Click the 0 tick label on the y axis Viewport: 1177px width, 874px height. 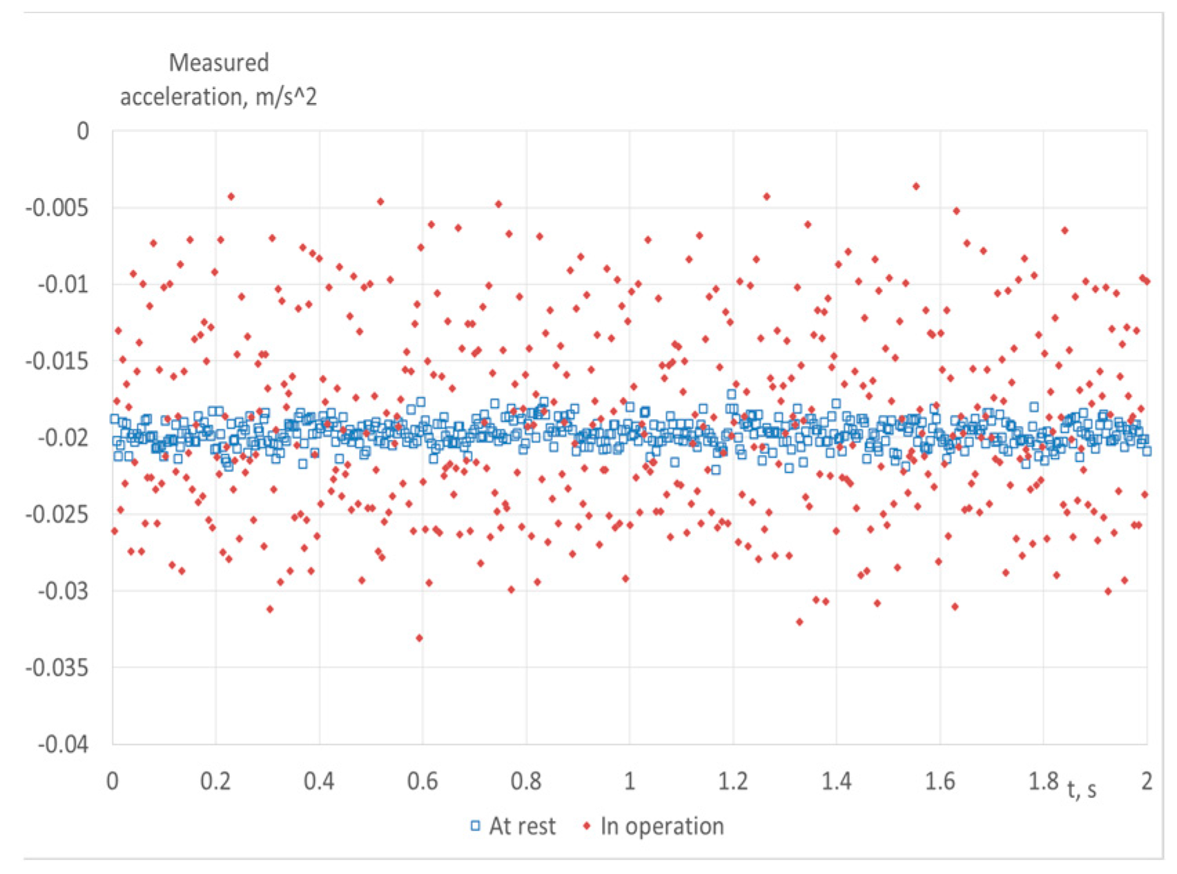pyautogui.click(x=83, y=130)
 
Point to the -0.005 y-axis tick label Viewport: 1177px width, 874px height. pyautogui.click(x=58, y=207)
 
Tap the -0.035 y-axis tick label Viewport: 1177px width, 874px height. pyautogui.click(x=58, y=668)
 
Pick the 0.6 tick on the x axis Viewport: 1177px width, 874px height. pyautogui.click(x=422, y=781)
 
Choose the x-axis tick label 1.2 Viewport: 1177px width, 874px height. pyautogui.click(x=733, y=781)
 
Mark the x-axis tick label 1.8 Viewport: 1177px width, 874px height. pyautogui.click(x=1043, y=781)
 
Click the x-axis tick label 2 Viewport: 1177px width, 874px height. pyautogui.click(x=1147, y=781)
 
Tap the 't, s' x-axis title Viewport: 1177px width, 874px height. pyautogui.click(x=1082, y=788)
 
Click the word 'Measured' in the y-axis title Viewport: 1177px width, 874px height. pyautogui.click(x=219, y=63)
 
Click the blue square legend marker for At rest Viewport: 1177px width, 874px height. pyautogui.click(x=475, y=826)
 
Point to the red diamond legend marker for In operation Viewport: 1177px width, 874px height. pyautogui.click(x=586, y=826)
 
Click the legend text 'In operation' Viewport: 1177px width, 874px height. pyautogui.click(x=662, y=826)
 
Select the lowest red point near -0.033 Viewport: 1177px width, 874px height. pyautogui.click(x=419, y=638)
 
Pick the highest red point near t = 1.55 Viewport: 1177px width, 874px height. pyautogui.click(x=916, y=186)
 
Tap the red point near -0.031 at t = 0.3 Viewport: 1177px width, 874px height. pyautogui.click(x=270, y=609)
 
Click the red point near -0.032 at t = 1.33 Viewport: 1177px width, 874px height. pyautogui.click(x=799, y=622)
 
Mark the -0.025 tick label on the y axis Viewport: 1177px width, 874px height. pyautogui.click(x=58, y=514)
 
